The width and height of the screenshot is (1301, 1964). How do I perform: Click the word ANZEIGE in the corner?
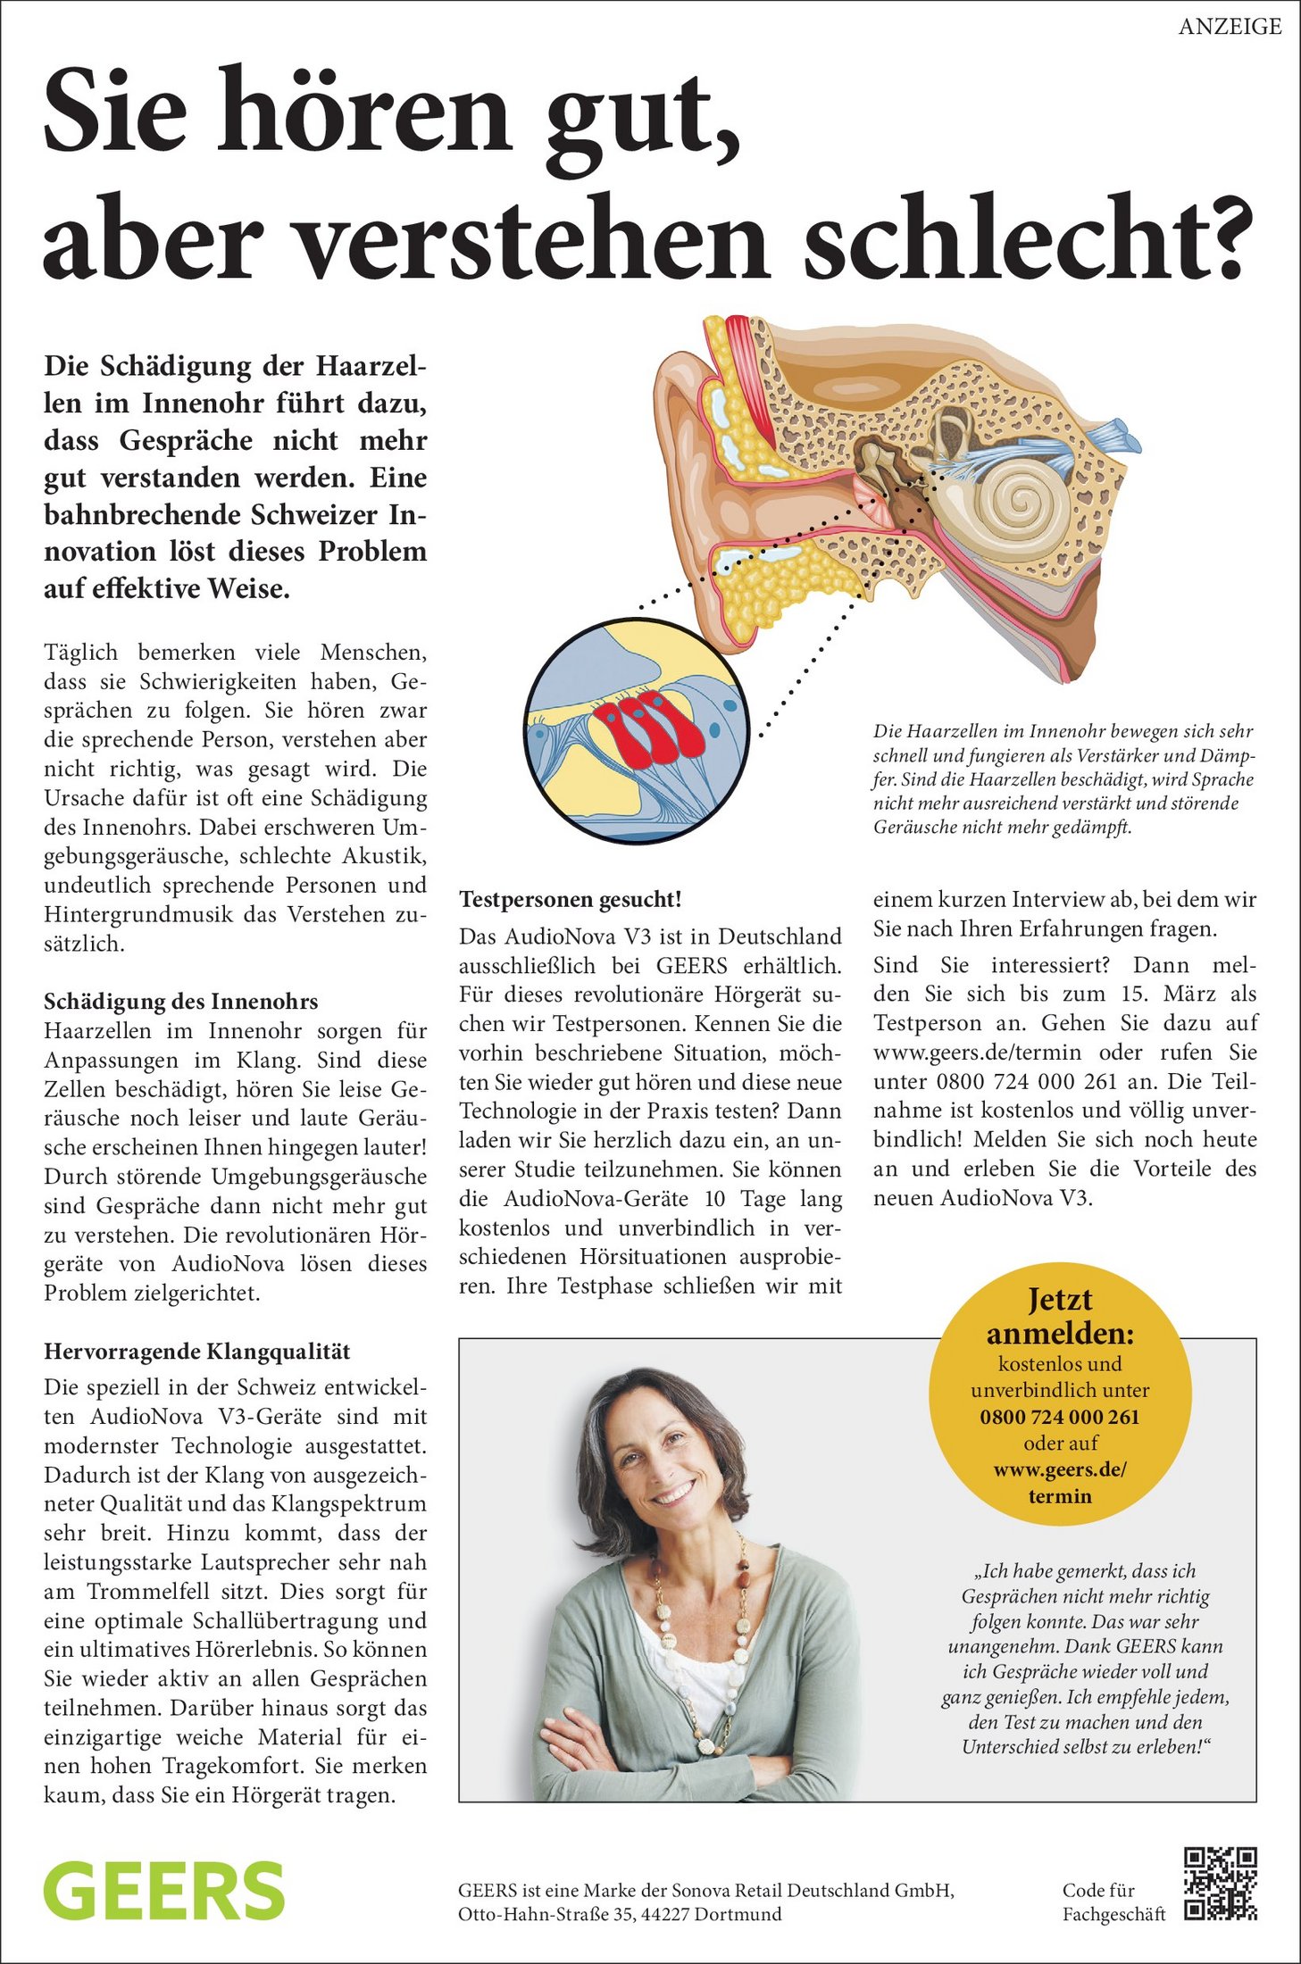click(1230, 27)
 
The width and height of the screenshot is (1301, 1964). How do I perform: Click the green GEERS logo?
click(164, 1891)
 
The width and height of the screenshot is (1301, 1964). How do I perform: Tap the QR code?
click(1220, 1884)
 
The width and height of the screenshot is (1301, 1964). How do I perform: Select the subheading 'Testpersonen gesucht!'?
click(571, 900)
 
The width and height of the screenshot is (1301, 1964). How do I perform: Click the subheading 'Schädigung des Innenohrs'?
click(181, 1002)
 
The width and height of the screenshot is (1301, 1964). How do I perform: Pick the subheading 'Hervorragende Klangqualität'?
click(197, 1352)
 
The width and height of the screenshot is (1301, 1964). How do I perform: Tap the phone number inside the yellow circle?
click(1060, 1417)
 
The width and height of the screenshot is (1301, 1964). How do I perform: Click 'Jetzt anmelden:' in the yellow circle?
click(1060, 1317)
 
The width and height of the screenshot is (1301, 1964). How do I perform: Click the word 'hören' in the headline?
click(362, 114)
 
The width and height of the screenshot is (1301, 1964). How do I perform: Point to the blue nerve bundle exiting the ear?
click(1112, 437)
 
